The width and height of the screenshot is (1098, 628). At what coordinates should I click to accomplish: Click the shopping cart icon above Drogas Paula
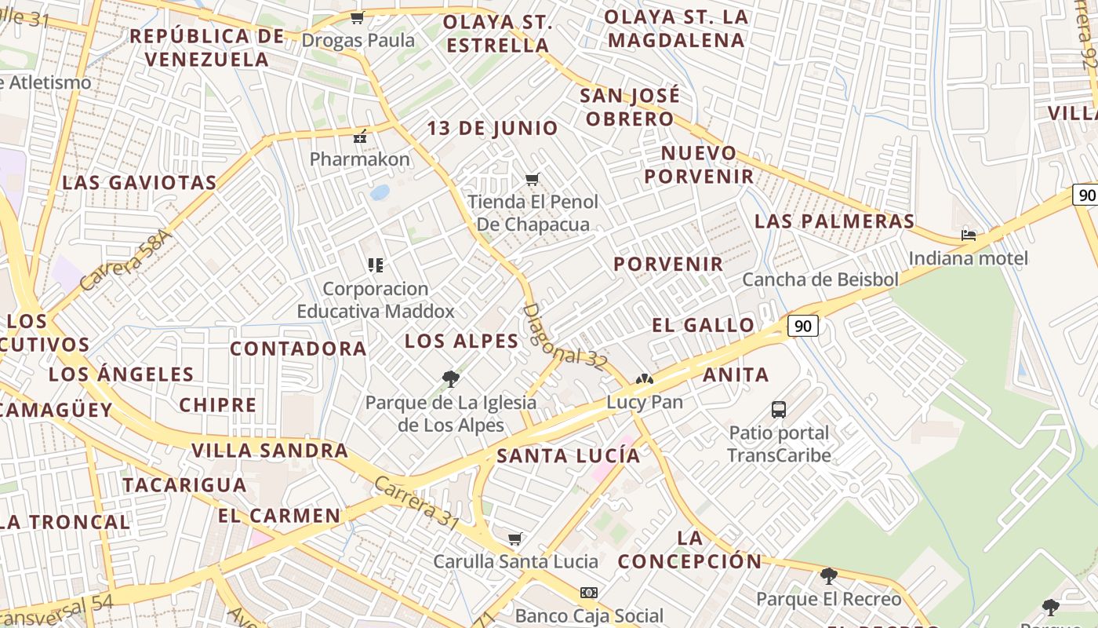pyautogui.click(x=358, y=17)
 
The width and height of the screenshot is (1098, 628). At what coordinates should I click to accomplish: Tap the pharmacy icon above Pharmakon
pyautogui.click(x=360, y=137)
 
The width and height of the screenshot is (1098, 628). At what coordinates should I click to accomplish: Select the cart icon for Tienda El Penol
pyautogui.click(x=533, y=179)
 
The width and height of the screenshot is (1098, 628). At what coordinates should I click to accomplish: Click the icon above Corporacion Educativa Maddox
pyautogui.click(x=376, y=265)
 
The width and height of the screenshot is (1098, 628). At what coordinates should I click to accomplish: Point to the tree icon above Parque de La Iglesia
pyautogui.click(x=451, y=380)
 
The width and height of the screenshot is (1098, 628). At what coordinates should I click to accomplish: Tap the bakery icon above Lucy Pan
pyautogui.click(x=644, y=380)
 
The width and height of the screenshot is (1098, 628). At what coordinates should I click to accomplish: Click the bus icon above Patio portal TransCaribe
pyautogui.click(x=779, y=409)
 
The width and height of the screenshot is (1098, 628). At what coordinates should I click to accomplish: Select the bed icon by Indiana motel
pyautogui.click(x=969, y=235)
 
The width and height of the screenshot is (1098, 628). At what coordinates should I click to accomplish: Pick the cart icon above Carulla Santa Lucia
pyautogui.click(x=515, y=539)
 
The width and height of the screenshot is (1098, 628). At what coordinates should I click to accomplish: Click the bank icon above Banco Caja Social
pyautogui.click(x=589, y=593)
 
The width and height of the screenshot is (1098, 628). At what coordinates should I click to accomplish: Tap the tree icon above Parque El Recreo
pyautogui.click(x=828, y=576)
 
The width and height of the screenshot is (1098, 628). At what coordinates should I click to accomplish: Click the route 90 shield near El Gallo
pyautogui.click(x=803, y=326)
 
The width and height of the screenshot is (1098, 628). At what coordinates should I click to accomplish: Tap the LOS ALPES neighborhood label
pyautogui.click(x=461, y=341)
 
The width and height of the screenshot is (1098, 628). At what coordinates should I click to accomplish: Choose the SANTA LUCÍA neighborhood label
pyautogui.click(x=569, y=455)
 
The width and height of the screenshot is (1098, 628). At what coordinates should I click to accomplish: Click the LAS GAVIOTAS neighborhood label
pyautogui.click(x=140, y=183)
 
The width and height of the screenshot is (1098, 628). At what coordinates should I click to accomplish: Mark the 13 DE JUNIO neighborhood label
pyautogui.click(x=493, y=128)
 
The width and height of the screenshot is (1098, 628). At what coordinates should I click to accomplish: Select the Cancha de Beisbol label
pyautogui.click(x=820, y=279)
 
